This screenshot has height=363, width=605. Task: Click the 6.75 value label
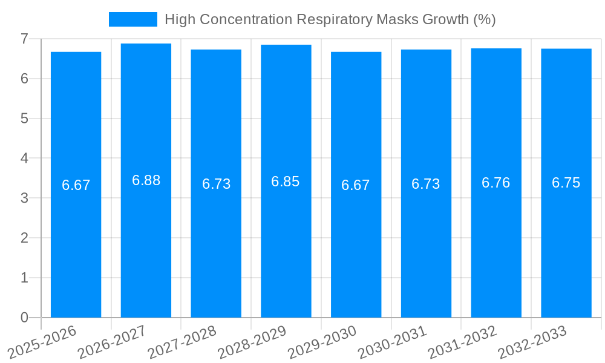pyautogui.click(x=566, y=183)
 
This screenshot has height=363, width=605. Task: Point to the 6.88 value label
pyautogui.click(x=146, y=180)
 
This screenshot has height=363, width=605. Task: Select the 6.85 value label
pyautogui.click(x=286, y=181)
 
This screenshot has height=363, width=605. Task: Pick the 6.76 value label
pyautogui.click(x=496, y=183)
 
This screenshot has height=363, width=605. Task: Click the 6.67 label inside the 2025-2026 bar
pyautogui.click(x=76, y=185)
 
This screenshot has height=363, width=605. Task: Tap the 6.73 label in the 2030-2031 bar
pyautogui.click(x=426, y=184)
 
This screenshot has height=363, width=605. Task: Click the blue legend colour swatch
pyautogui.click(x=132, y=19)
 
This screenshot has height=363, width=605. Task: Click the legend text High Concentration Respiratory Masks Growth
pyautogui.click(x=330, y=19)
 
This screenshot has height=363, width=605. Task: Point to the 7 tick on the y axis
pyautogui.click(x=24, y=39)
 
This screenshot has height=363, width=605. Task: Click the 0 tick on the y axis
pyautogui.click(x=24, y=318)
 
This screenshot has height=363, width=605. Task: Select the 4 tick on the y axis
pyautogui.click(x=24, y=159)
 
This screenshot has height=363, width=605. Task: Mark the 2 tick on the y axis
pyautogui.click(x=24, y=238)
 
